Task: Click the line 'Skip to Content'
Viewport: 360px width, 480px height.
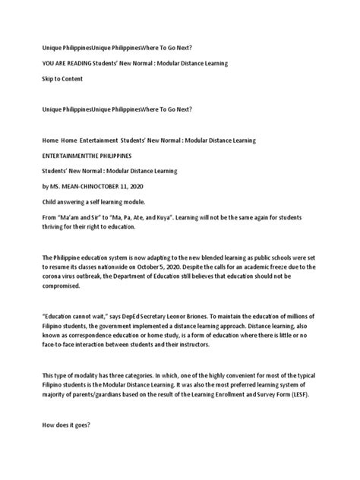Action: coord(63,78)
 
